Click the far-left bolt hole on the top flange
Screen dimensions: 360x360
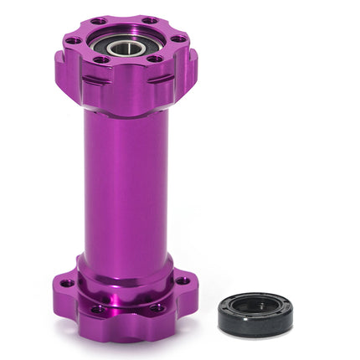[73, 39]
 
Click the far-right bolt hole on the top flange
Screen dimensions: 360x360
[177, 39]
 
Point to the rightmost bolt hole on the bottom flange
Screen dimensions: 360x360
[182, 280]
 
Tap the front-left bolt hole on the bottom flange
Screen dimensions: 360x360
[99, 308]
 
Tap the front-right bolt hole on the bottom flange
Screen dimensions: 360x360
[157, 307]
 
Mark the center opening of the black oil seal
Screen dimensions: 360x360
[255, 307]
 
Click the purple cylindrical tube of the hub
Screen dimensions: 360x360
[126, 184]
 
